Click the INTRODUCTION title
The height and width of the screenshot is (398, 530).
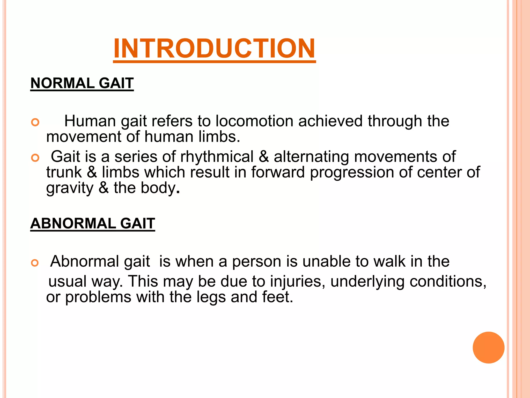(x=214, y=48)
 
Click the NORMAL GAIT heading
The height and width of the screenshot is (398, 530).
(x=82, y=83)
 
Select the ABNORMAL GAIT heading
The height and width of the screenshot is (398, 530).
(x=93, y=223)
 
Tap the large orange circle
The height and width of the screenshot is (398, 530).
(x=488, y=347)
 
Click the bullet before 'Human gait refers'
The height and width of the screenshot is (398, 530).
(x=35, y=122)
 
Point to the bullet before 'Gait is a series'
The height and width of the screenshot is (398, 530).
(x=35, y=158)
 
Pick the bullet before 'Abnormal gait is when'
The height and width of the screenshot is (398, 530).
(x=35, y=263)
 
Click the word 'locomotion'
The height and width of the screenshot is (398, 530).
(x=254, y=121)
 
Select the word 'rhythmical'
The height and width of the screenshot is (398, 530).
(x=217, y=157)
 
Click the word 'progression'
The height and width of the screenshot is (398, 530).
(x=352, y=172)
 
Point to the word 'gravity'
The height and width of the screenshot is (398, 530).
(x=70, y=188)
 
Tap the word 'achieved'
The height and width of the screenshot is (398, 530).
(x=330, y=121)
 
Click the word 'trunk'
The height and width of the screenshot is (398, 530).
(x=64, y=172)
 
